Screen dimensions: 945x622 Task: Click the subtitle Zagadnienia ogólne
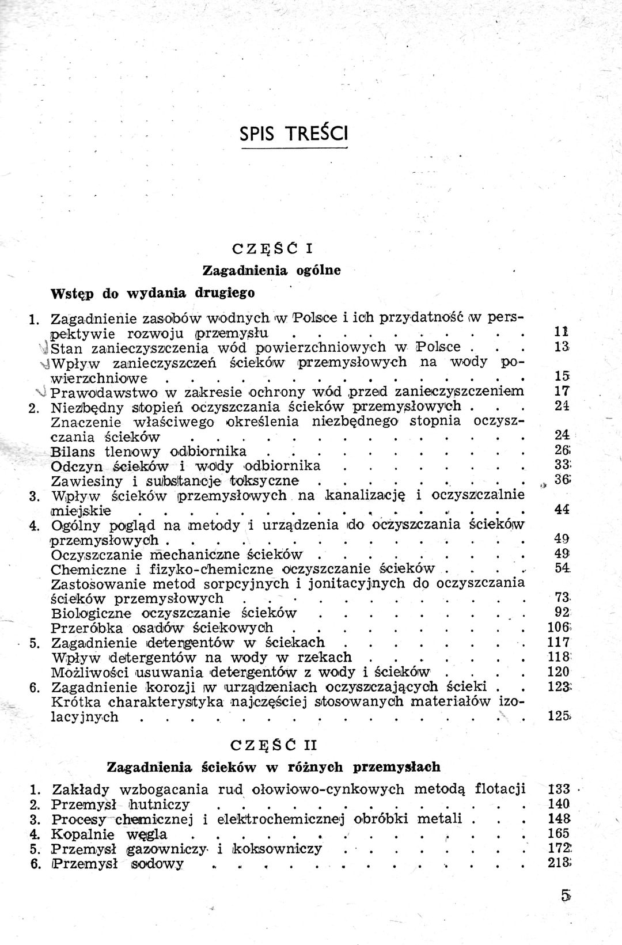pos(272,270)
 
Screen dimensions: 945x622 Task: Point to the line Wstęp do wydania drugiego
pos(153,293)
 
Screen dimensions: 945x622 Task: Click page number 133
pos(559,789)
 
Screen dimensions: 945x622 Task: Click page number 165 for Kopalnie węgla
pos(559,833)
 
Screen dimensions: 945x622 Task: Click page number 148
pos(559,818)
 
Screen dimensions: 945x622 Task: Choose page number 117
pos(559,642)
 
